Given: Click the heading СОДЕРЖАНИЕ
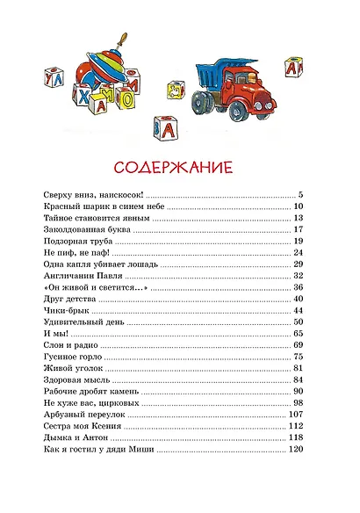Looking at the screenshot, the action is pyautogui.click(x=178, y=166).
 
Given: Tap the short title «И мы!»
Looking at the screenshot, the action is pyautogui.click(x=52, y=334).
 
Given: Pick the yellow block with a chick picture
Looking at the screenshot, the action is pyautogui.click(x=180, y=90).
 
